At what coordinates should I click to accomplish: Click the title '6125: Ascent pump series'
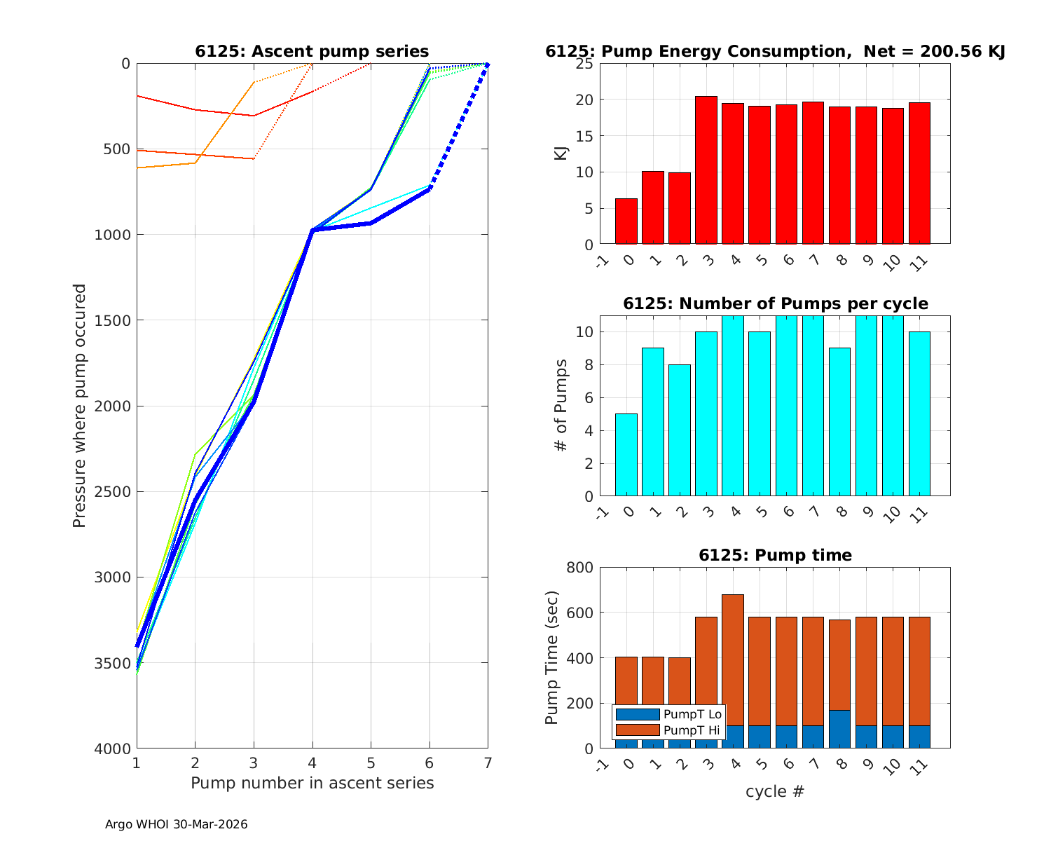[312, 51]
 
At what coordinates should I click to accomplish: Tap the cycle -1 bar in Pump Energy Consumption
[626, 221]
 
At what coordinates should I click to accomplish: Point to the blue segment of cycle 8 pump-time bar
[839, 730]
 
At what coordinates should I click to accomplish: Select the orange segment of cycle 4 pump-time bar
[733, 659]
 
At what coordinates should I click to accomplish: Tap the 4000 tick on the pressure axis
[111, 749]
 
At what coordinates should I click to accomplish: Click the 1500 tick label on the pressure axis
[111, 320]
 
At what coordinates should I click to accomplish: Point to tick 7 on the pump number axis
[488, 762]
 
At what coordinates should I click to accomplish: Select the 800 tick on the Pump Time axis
[579, 568]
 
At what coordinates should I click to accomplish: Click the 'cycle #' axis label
[775, 792]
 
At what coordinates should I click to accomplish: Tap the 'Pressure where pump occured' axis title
[79, 405]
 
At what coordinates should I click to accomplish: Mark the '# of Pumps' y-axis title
[561, 405]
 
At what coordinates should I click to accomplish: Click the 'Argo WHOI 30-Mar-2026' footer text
[176, 824]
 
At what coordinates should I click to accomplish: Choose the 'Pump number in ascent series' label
[312, 783]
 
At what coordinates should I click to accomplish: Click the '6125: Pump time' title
[775, 555]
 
